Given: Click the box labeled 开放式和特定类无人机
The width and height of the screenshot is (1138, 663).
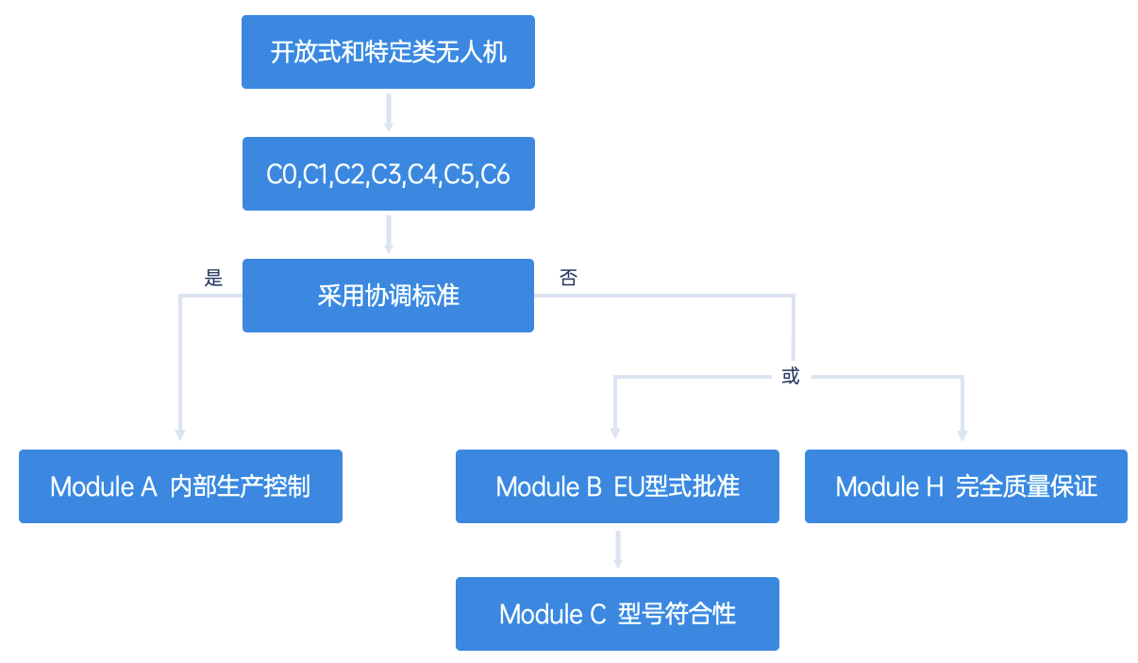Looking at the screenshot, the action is click(388, 52).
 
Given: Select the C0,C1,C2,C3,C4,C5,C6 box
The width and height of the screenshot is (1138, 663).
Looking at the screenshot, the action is click(389, 174).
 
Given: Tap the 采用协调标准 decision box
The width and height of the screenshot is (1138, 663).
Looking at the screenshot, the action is click(388, 296).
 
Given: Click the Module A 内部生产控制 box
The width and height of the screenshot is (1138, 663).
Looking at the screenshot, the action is click(181, 486).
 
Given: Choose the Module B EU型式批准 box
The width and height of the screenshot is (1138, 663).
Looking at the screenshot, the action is click(617, 486).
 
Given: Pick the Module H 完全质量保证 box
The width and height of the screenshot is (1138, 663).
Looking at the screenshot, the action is click(965, 486).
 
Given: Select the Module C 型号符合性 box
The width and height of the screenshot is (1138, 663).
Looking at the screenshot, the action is click(617, 614).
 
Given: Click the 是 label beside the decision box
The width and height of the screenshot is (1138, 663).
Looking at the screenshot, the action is click(213, 278).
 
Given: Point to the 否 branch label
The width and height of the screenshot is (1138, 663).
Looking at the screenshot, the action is click(568, 278).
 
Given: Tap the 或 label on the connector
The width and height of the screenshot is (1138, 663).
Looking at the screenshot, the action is click(791, 376).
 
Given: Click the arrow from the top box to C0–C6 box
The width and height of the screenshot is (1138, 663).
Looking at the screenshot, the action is click(389, 112).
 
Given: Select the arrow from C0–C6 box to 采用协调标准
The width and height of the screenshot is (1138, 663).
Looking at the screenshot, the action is click(389, 234).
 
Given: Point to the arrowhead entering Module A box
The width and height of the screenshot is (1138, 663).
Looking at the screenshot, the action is click(180, 434).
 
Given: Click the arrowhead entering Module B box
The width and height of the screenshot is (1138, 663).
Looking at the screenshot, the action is click(615, 433).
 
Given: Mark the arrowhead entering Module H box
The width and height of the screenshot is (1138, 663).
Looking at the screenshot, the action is click(962, 435).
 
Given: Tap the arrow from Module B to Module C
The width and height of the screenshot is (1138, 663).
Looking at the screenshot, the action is click(618, 549).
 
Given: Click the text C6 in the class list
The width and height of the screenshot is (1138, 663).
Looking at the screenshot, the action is click(494, 175).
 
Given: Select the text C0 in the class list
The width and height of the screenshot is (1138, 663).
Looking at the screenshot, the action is click(281, 175).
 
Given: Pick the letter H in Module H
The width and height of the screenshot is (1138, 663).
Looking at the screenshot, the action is click(935, 486).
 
